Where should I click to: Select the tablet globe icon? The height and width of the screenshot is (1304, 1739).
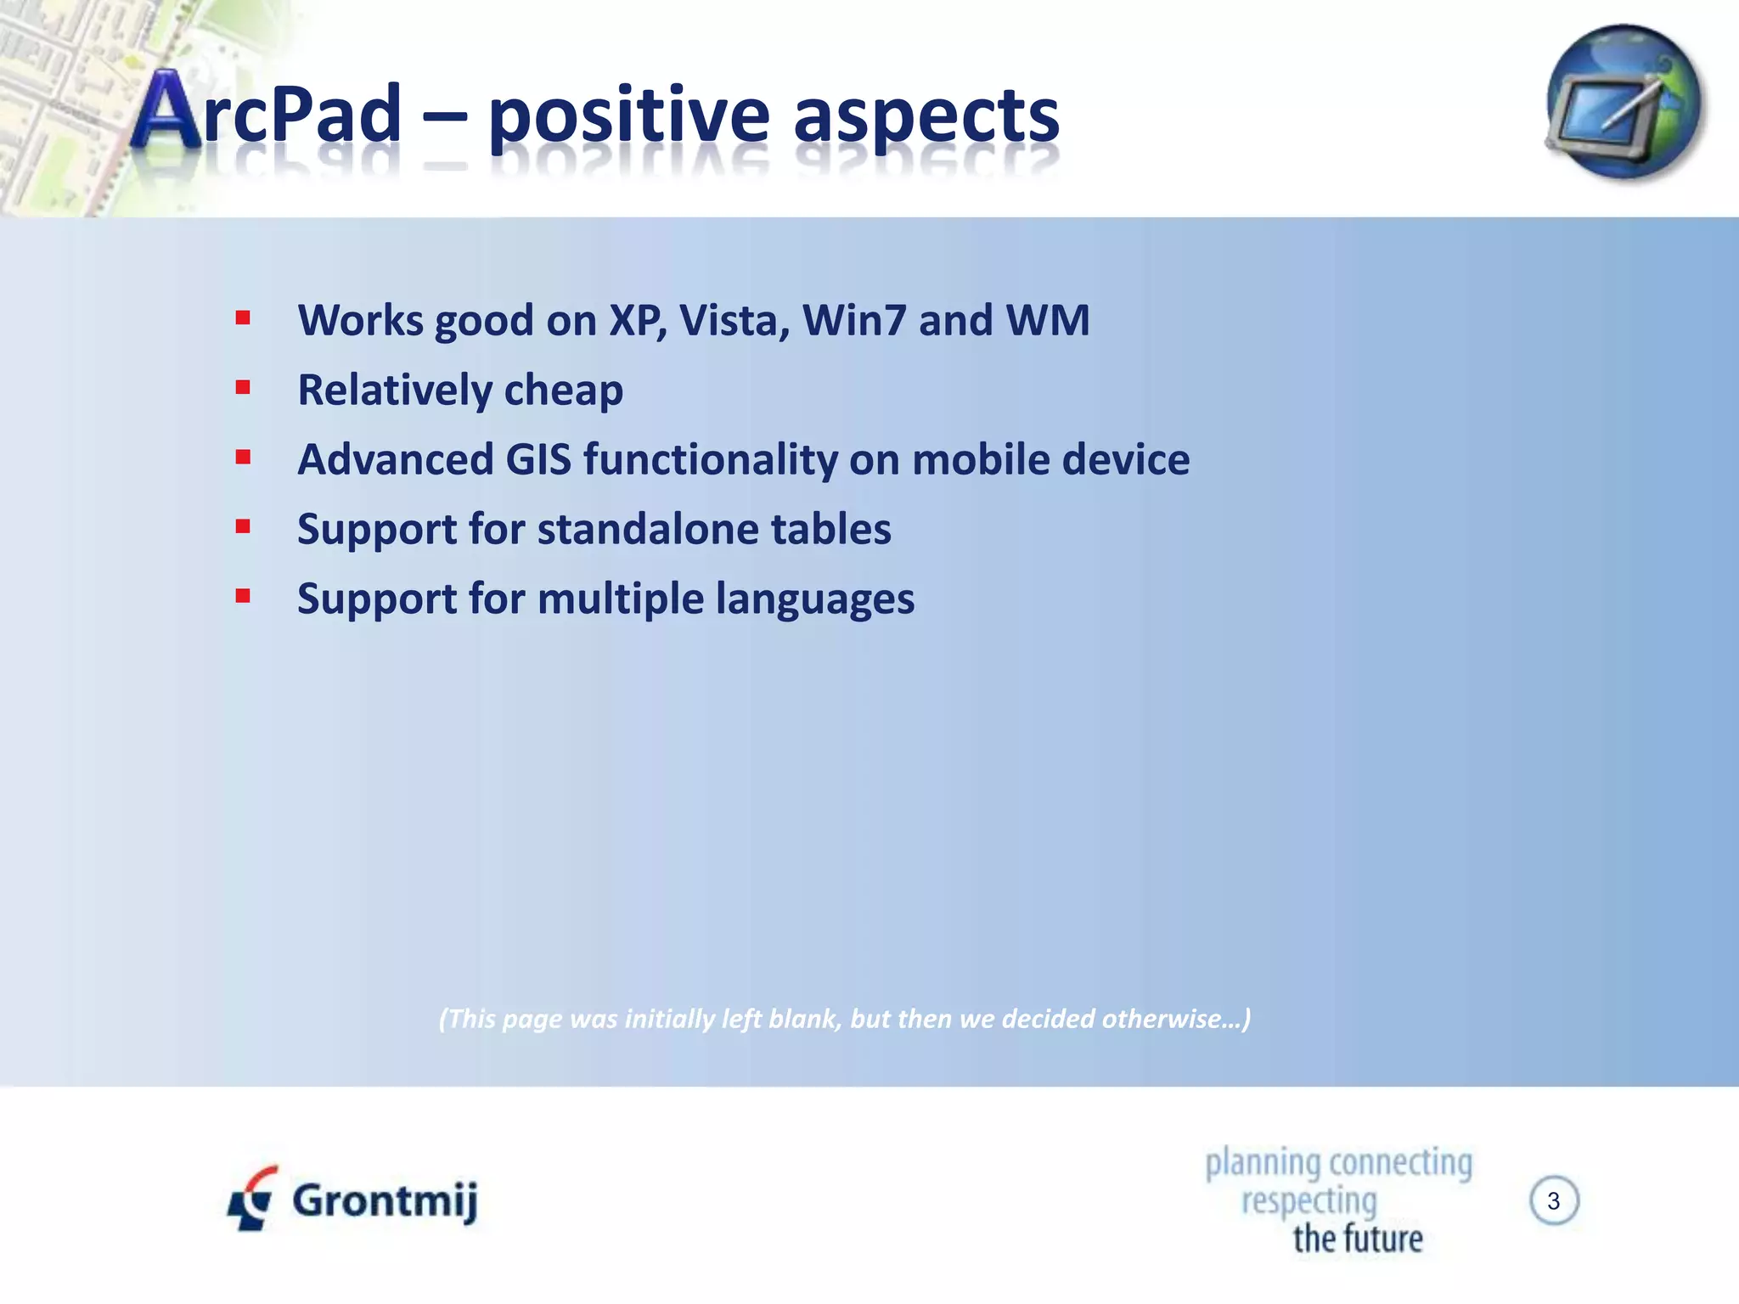tap(1624, 102)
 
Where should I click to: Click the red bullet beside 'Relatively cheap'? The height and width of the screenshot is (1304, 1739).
tap(244, 388)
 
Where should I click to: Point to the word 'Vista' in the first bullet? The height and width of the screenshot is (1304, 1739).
tap(734, 321)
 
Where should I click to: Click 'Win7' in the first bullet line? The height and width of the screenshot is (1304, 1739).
tap(854, 321)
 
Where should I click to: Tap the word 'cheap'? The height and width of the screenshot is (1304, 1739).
tap(563, 391)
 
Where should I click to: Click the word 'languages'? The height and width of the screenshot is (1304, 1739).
tap(814, 600)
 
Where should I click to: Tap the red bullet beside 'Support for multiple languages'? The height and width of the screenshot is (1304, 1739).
tap(244, 596)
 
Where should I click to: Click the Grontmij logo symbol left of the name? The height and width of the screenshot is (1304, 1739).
tap(252, 1199)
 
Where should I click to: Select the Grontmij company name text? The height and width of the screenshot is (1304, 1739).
tap(385, 1200)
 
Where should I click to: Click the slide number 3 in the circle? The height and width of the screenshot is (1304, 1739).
tap(1553, 1200)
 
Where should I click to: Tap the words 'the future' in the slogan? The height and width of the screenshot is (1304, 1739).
tap(1357, 1239)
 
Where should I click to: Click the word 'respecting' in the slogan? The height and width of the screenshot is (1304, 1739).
tap(1308, 1200)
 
